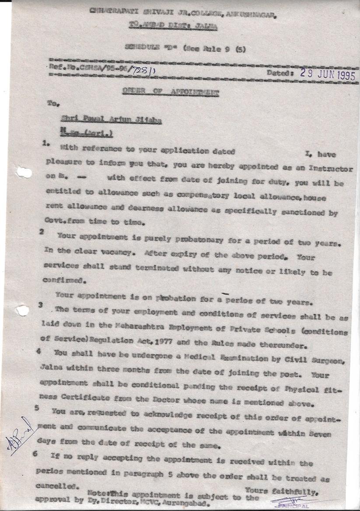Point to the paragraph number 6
tap(35, 454)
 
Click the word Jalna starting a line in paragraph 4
tap(56, 368)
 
